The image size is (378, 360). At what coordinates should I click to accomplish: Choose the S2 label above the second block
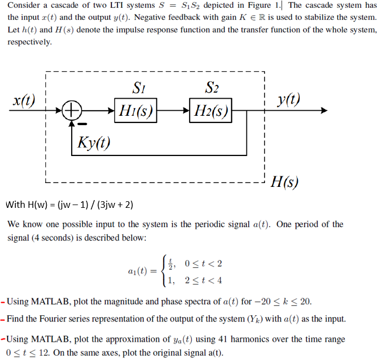[212, 88]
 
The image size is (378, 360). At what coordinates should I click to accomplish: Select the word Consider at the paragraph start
[24, 6]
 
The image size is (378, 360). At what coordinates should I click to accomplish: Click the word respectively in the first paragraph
[29, 42]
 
